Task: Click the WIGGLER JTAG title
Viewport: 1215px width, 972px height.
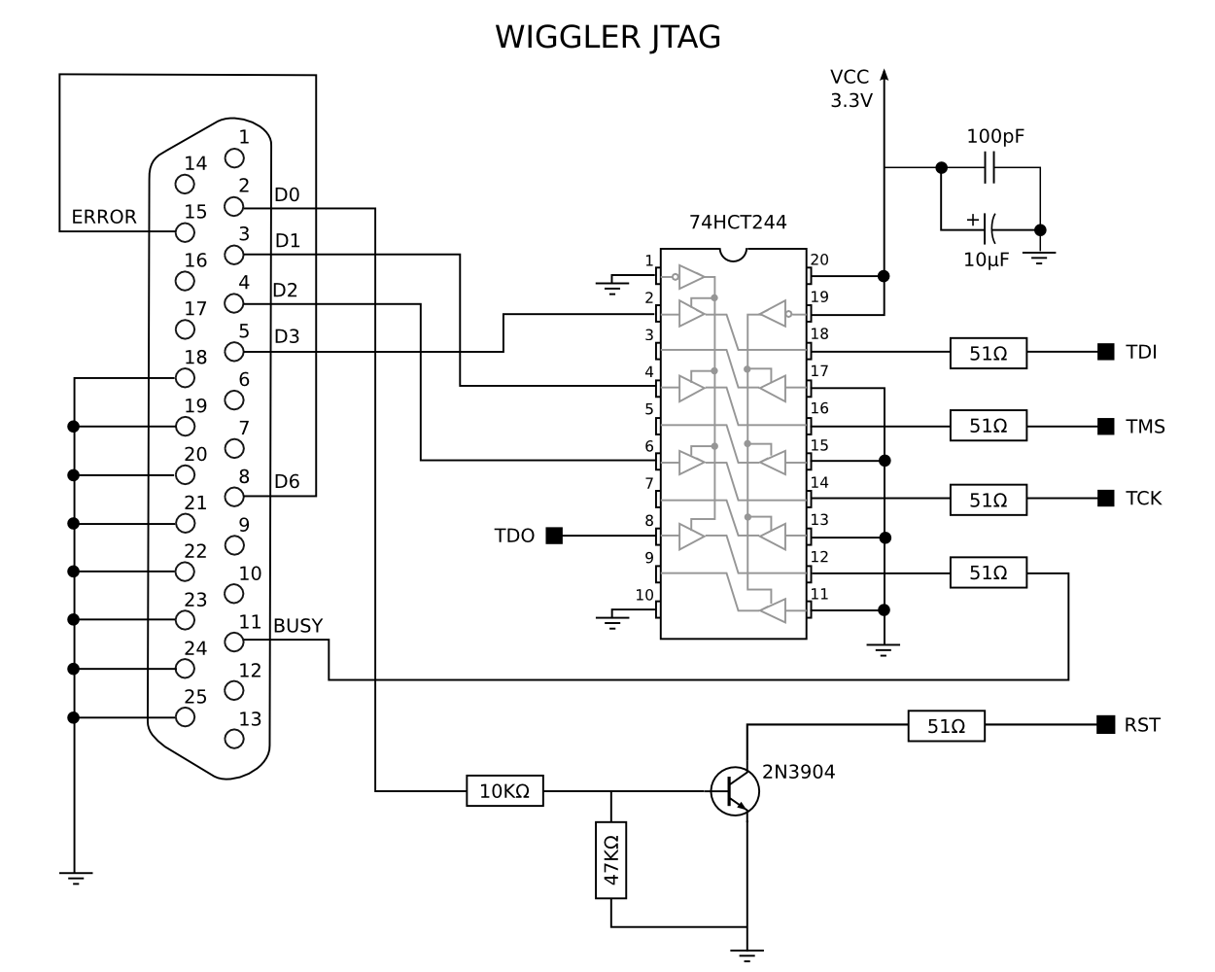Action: pos(607,37)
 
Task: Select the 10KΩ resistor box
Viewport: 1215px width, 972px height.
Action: pos(504,791)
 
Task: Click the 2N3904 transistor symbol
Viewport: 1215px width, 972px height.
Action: pos(734,790)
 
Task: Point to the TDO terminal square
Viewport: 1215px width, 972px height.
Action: pos(554,535)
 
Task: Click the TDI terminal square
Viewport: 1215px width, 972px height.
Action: pos(1105,352)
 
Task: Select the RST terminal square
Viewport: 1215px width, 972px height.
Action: pos(1105,724)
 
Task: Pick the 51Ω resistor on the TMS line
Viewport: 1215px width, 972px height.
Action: pos(988,426)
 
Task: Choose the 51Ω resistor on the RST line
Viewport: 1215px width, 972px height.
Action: pos(946,725)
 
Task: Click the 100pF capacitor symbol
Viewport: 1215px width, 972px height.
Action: pos(990,167)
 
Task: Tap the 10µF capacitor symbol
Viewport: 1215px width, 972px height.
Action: pos(990,229)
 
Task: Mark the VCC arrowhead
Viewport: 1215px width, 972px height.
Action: pos(885,75)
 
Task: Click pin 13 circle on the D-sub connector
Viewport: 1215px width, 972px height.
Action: pos(233,739)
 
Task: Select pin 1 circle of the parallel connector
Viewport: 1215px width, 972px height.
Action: pos(233,157)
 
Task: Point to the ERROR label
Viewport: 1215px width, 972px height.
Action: pos(104,217)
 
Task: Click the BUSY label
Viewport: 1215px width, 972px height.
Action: pos(297,626)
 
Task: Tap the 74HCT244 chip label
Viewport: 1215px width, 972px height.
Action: pos(738,222)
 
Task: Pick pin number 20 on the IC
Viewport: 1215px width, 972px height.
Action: pos(819,260)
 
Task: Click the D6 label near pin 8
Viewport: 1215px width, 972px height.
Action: pos(287,481)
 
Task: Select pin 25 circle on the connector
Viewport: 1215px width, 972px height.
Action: pos(185,717)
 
